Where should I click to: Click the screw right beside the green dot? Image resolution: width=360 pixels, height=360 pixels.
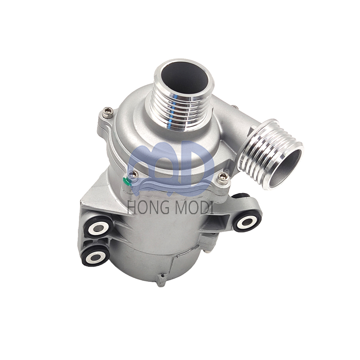coord(133,175)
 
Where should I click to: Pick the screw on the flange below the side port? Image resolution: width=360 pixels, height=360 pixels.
coord(223,177)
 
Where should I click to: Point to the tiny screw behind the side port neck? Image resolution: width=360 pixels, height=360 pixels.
coord(234,108)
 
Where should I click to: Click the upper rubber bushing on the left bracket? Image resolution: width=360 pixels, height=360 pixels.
coord(99,228)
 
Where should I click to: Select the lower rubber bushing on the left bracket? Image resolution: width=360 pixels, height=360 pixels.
coord(96,256)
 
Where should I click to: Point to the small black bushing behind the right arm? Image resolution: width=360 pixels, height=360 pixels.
coord(240,197)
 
